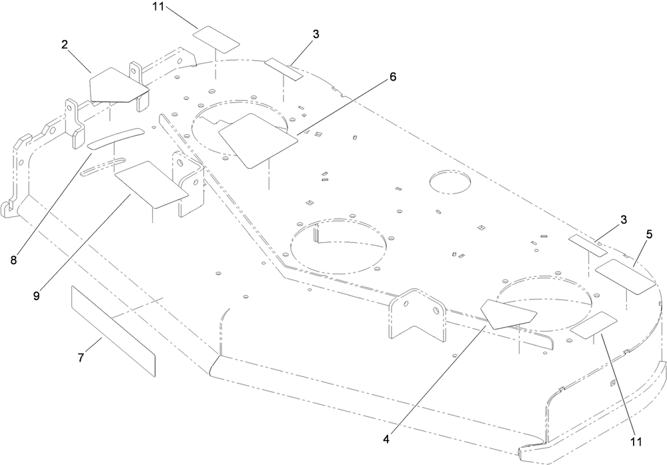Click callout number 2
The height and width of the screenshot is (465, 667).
point(64,45)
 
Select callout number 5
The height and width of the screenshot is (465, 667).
point(648,235)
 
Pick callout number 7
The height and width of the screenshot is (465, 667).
point(81,358)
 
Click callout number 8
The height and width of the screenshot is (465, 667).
point(13,260)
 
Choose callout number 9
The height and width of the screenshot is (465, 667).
point(37,296)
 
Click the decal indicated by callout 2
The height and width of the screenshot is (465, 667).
point(118,85)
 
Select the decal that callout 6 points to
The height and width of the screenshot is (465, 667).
point(257,140)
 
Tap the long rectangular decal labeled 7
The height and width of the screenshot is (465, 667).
point(113,331)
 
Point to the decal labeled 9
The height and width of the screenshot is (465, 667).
point(151,184)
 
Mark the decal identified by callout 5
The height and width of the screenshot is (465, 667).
point(626,277)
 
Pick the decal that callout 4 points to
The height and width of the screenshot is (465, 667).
point(508,314)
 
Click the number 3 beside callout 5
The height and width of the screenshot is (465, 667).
point(624,220)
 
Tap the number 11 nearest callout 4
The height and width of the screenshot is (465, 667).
point(636,442)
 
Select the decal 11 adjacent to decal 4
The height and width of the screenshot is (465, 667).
point(594,325)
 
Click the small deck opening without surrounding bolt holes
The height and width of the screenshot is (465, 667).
point(450,183)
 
